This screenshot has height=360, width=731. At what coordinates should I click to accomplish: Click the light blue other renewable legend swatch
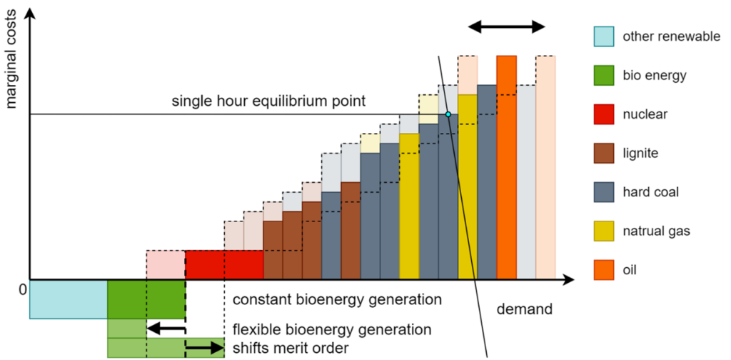click(603, 36)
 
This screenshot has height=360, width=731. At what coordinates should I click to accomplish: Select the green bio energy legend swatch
click(603, 75)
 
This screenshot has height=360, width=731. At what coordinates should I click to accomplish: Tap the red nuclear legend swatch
click(603, 114)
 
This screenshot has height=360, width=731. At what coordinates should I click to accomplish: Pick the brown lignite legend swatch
click(603, 153)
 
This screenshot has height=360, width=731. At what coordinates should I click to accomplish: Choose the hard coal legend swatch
click(603, 192)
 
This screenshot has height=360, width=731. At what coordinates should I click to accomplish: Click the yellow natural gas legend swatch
click(603, 231)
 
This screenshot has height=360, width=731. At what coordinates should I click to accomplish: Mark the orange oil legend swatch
click(603, 270)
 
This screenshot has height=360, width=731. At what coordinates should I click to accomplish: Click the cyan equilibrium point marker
click(448, 114)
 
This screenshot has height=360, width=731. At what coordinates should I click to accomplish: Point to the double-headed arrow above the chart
click(506, 26)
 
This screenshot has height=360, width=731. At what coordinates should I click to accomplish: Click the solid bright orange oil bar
click(506, 167)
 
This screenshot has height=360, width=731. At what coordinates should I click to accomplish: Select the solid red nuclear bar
click(224, 264)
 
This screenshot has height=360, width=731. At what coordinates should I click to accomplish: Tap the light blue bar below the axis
click(69, 299)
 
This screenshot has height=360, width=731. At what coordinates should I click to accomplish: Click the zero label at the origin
click(22, 289)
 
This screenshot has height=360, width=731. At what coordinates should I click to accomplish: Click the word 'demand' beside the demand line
click(525, 310)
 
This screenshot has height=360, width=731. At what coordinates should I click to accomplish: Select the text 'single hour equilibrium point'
click(268, 101)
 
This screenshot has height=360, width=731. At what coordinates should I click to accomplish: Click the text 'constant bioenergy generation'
click(337, 299)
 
